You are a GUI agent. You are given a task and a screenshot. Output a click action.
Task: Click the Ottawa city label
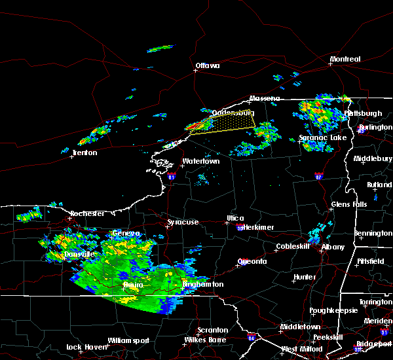(x=207, y=65)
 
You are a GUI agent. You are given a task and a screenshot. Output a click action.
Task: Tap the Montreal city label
(x=345, y=59)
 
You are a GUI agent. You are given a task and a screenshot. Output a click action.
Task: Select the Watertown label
(x=200, y=161)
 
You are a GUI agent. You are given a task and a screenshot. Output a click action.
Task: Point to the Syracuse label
(x=183, y=223)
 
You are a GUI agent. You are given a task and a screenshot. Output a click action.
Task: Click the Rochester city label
(x=87, y=213)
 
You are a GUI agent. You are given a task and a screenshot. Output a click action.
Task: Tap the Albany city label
(x=331, y=247)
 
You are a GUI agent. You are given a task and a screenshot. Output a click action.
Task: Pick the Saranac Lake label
(x=323, y=138)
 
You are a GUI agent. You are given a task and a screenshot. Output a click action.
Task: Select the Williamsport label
(x=129, y=340)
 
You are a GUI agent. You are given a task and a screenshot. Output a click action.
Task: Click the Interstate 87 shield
(x=318, y=176)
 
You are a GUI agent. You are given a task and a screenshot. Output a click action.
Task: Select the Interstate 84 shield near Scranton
(x=252, y=338)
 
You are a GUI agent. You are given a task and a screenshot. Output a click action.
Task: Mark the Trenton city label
(x=84, y=153)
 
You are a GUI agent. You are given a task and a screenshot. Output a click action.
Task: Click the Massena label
(x=264, y=99)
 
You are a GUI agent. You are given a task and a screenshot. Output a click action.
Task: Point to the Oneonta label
(x=252, y=261)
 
